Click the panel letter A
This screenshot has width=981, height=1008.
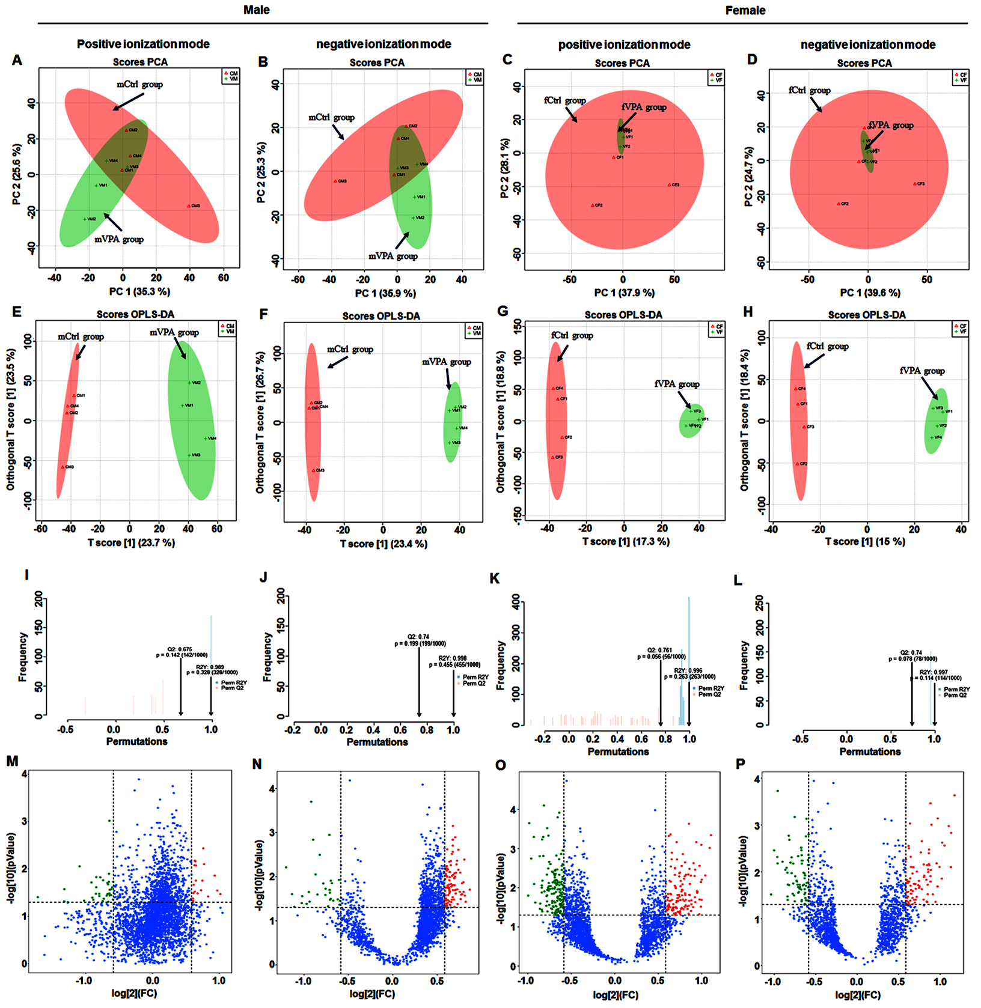(17, 60)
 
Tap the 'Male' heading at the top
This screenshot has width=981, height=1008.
(257, 10)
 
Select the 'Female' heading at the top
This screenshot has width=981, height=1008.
(745, 11)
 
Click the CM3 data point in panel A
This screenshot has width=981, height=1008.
(189, 206)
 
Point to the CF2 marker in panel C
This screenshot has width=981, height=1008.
(593, 205)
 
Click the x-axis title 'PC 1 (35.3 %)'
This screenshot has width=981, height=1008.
(139, 292)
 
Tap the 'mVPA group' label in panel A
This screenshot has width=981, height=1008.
(119, 240)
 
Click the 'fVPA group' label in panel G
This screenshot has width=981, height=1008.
(677, 384)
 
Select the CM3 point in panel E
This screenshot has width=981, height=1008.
(63, 467)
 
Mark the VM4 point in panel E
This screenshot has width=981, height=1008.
(206, 439)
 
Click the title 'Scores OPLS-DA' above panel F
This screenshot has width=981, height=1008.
(381, 316)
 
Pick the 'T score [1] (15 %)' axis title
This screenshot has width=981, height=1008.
(865, 542)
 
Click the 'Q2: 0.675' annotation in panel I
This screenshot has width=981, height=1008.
(180, 649)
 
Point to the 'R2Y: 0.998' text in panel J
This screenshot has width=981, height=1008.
(453, 658)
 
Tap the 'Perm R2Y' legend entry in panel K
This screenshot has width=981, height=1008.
(711, 688)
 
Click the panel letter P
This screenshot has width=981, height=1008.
(741, 764)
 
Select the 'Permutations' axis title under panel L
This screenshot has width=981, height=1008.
(870, 751)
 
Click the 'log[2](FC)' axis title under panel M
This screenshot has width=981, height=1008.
(135, 994)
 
